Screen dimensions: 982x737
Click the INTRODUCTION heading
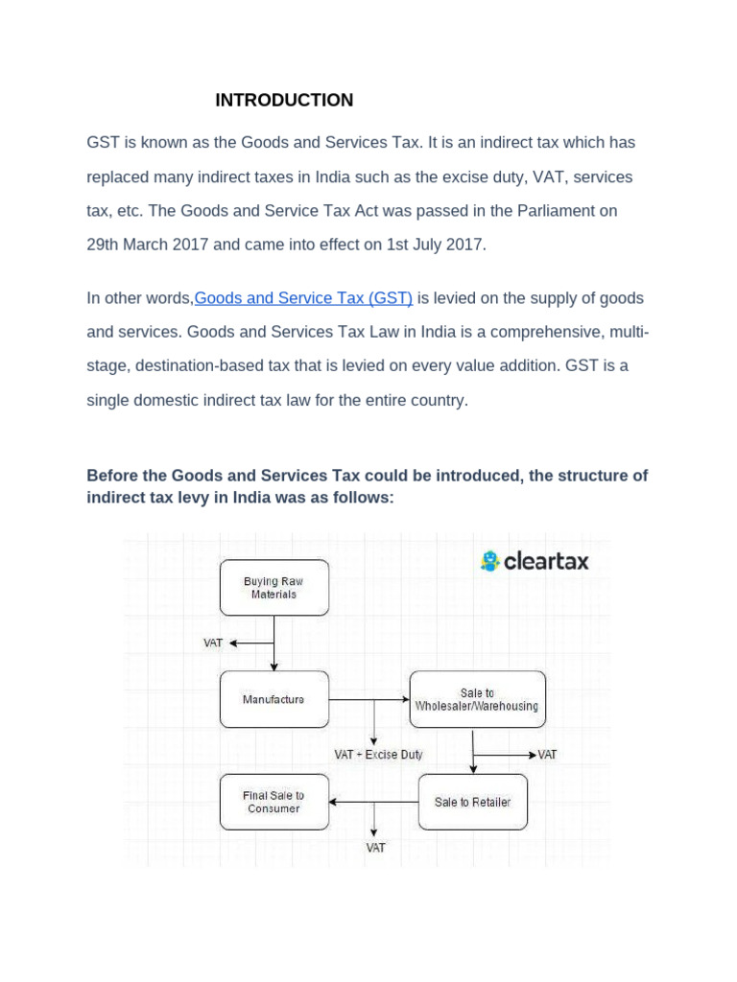click(x=284, y=101)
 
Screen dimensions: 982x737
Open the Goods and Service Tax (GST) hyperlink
click(x=303, y=298)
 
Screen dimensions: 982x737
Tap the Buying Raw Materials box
click(x=273, y=588)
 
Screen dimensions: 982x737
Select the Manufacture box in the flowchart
click(x=273, y=699)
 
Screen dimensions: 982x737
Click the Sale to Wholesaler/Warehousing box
click(x=477, y=699)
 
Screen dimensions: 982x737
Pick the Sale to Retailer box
click(x=472, y=802)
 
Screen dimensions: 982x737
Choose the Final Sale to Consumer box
click(x=273, y=802)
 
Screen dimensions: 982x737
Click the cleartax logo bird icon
click(x=490, y=561)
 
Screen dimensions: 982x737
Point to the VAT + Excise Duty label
click(x=378, y=755)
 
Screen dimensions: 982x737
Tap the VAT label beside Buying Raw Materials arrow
click(x=213, y=643)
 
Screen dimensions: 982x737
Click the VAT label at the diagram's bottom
click(x=375, y=848)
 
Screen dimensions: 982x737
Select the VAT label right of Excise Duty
click(x=547, y=755)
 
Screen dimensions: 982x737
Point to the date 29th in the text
click(x=105, y=245)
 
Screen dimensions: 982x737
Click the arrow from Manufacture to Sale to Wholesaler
click(x=369, y=699)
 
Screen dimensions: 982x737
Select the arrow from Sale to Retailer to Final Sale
click(x=374, y=802)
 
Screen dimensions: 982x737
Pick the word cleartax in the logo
click(x=547, y=561)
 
